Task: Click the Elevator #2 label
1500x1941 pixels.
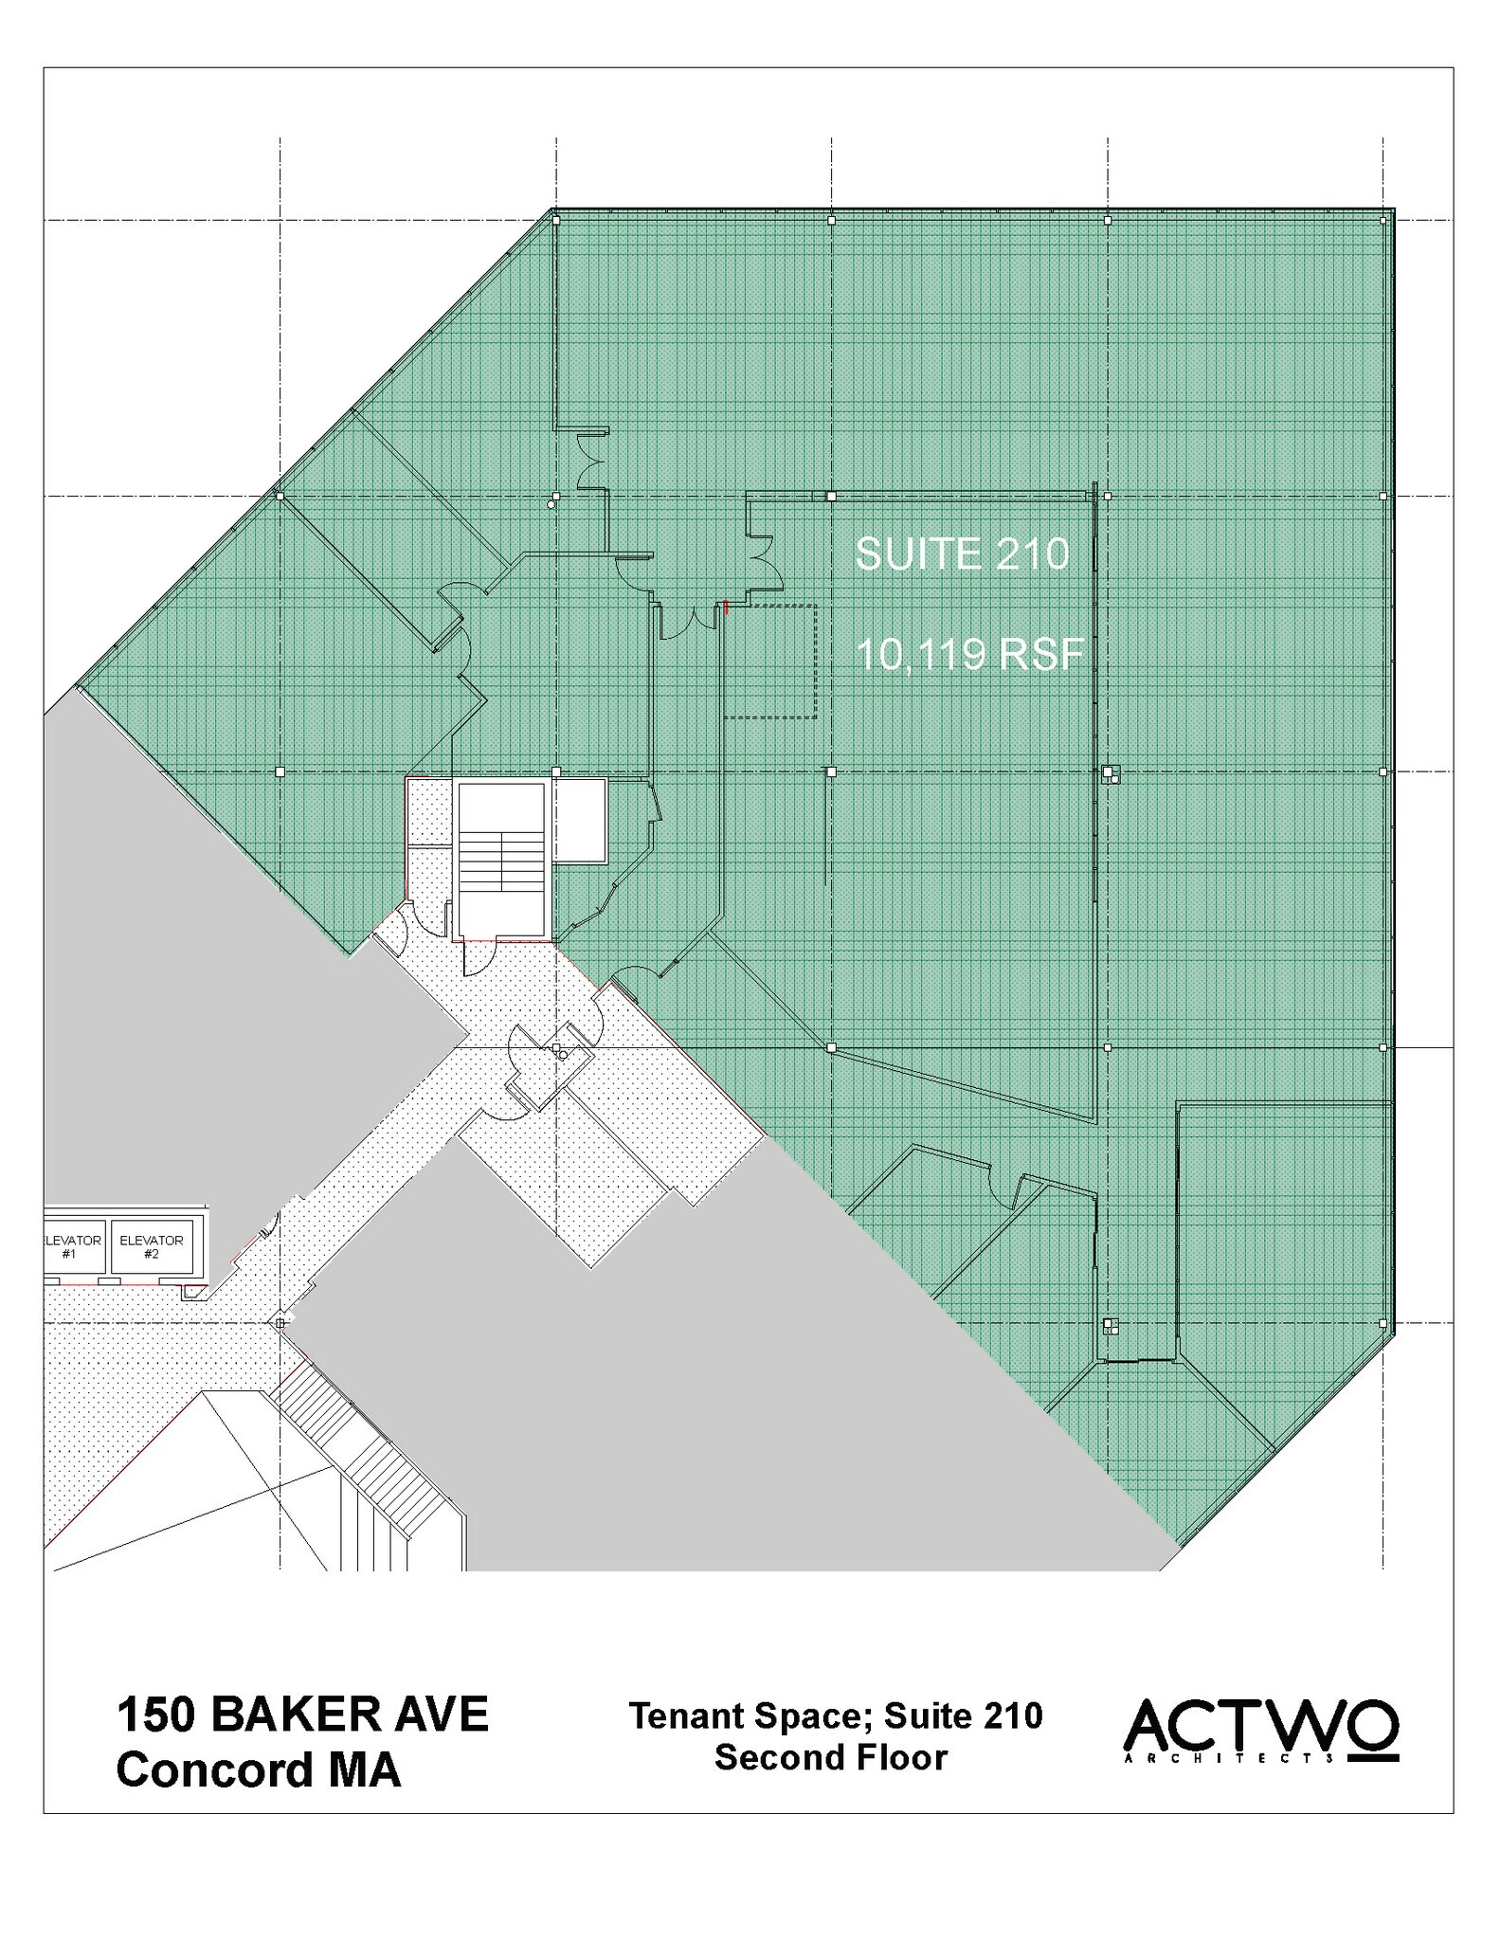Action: click(152, 1246)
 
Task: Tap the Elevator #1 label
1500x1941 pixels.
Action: click(72, 1246)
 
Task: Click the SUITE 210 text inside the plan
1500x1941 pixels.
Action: click(961, 553)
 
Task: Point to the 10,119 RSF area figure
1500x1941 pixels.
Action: click(969, 654)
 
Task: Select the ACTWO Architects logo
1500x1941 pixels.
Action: click(1260, 1731)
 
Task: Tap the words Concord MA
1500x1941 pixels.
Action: click(258, 1769)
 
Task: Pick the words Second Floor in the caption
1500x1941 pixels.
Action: click(831, 1757)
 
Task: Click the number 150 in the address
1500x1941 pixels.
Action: click(155, 1714)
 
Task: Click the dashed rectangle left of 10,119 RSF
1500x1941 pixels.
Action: click(769, 661)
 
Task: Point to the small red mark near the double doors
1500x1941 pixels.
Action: click(726, 607)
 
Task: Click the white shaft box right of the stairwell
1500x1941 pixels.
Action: click(579, 820)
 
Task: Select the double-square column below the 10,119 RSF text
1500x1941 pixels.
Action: click(1110, 773)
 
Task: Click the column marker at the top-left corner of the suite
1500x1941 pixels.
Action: click(556, 220)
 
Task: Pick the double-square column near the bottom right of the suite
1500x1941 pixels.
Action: click(1111, 1325)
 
